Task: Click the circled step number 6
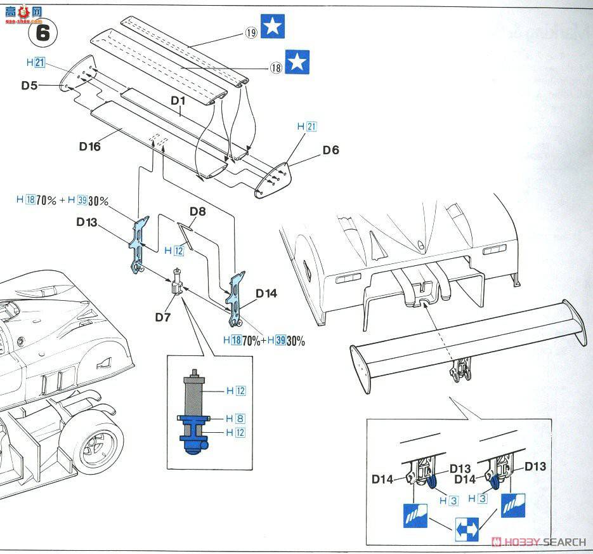(42, 32)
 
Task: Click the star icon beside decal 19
(273, 26)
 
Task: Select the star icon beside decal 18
(297, 62)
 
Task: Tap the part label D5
(29, 85)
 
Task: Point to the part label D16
(90, 146)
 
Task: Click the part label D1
(178, 100)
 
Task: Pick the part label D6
(330, 150)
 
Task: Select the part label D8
(197, 212)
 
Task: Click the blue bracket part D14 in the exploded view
(236, 296)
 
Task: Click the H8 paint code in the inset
(235, 418)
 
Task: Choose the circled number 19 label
(251, 32)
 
